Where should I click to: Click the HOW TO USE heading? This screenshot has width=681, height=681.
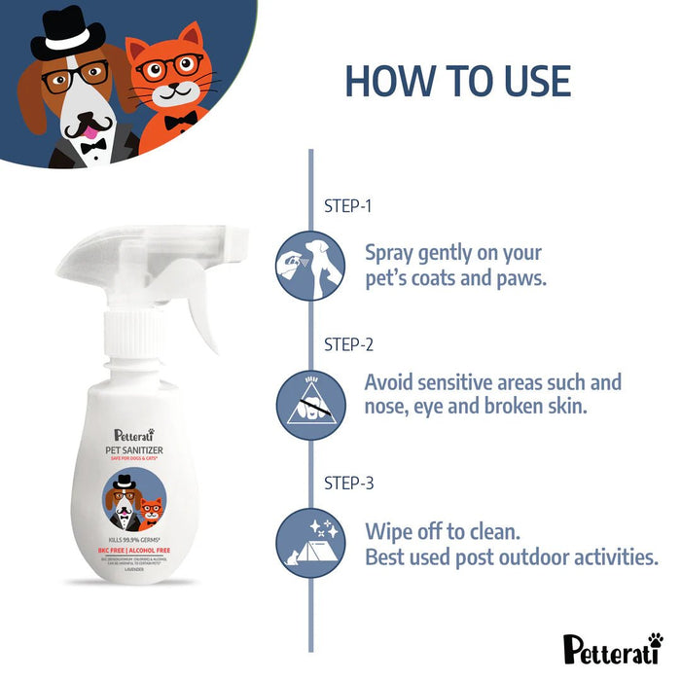tap(457, 81)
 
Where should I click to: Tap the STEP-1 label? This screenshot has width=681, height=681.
tap(347, 206)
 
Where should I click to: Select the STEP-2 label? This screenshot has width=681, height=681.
tap(347, 344)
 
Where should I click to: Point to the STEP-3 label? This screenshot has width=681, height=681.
tap(347, 483)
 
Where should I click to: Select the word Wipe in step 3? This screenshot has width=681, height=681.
tap(389, 532)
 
